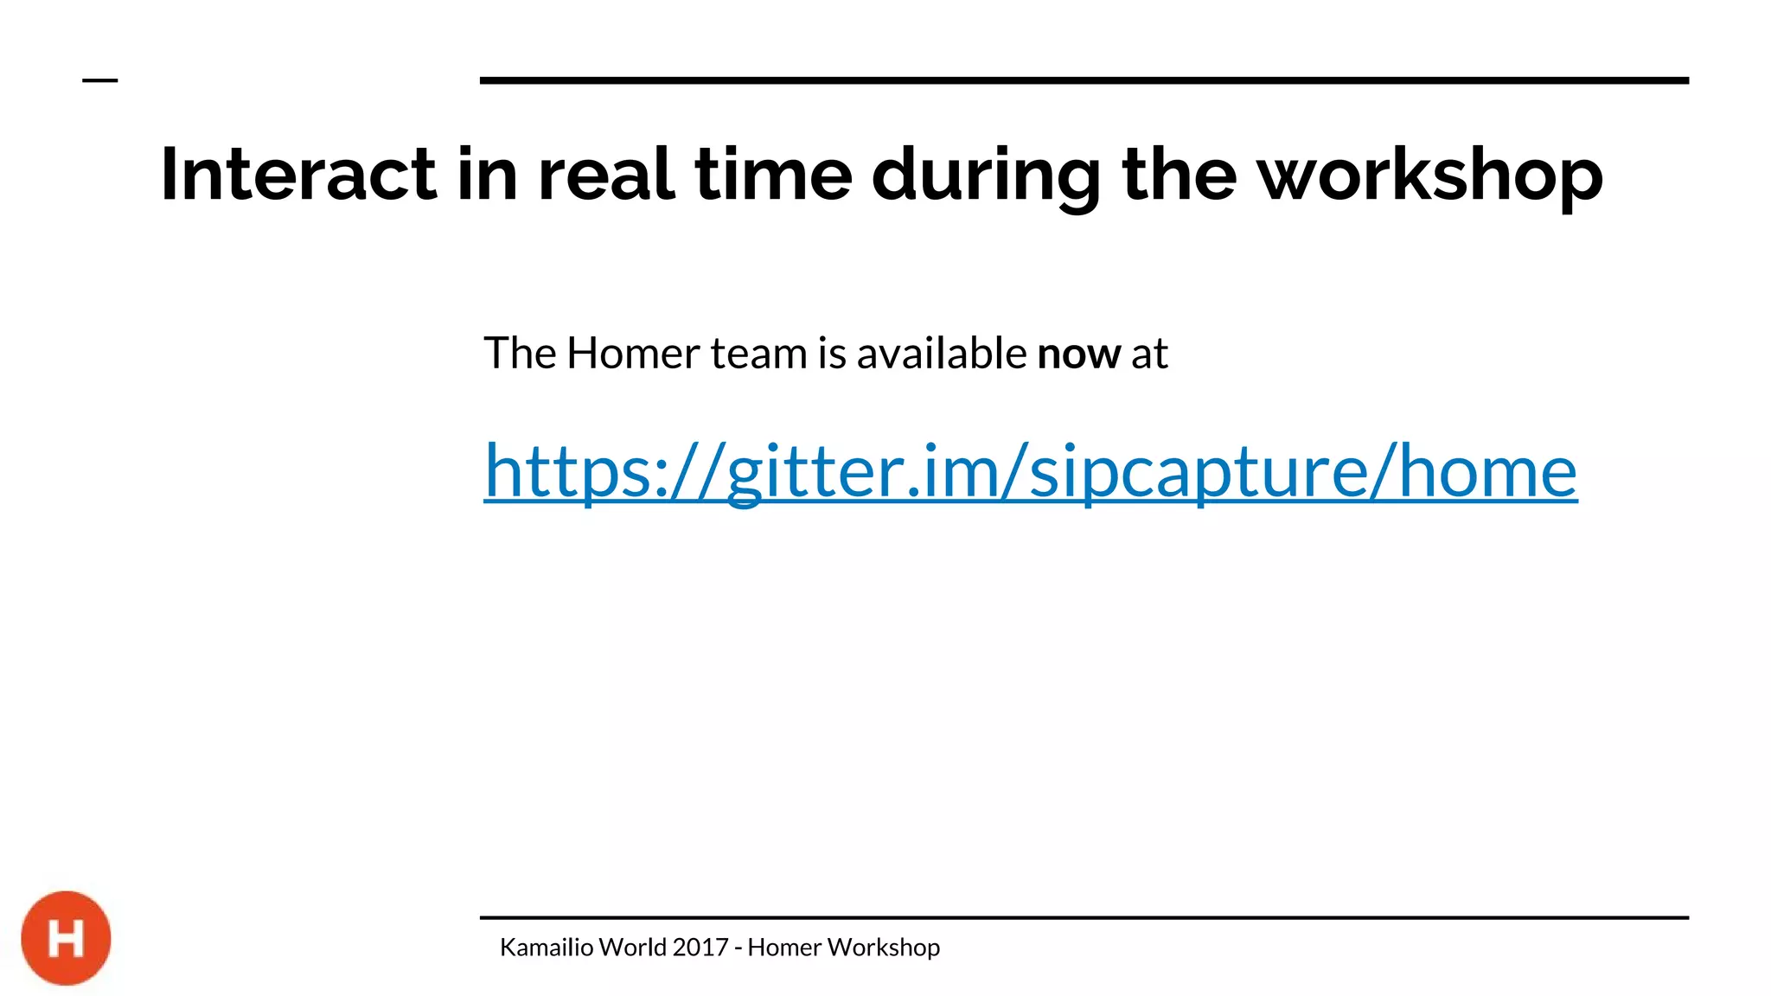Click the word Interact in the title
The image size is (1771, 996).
click(297, 176)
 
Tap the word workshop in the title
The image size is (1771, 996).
click(1429, 176)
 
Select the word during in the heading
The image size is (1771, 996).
click(986, 176)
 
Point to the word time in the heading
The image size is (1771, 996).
click(773, 176)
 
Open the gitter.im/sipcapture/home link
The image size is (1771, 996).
click(1030, 471)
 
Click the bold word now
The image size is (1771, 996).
click(1078, 354)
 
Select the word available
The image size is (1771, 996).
click(941, 354)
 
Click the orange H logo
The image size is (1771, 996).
click(66, 938)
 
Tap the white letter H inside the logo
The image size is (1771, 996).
click(66, 939)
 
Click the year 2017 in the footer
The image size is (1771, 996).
click(700, 948)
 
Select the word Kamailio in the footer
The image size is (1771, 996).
click(547, 948)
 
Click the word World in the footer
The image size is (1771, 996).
click(632, 948)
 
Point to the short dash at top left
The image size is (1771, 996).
click(99, 80)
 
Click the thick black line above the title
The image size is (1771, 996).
click(1084, 80)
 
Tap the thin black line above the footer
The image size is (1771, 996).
click(1084, 917)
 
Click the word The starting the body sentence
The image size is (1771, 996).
click(519, 354)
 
